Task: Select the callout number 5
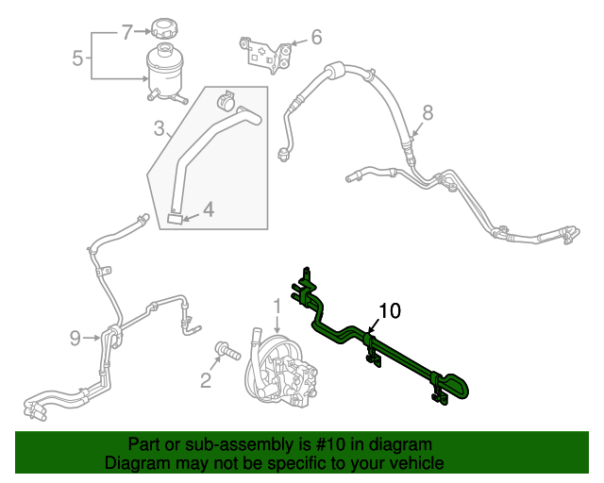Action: [x=78, y=58]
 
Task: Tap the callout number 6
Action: [x=315, y=38]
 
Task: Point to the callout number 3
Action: [x=159, y=127]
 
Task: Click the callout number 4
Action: [x=208, y=210]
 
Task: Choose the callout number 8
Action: [x=428, y=113]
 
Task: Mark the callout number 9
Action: [x=75, y=337]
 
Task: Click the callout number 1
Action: [x=277, y=306]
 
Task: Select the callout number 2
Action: [x=205, y=380]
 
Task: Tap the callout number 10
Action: [x=390, y=310]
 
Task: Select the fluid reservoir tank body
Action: [x=166, y=71]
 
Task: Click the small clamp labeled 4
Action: [x=176, y=218]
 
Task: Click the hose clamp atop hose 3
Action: [x=226, y=99]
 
